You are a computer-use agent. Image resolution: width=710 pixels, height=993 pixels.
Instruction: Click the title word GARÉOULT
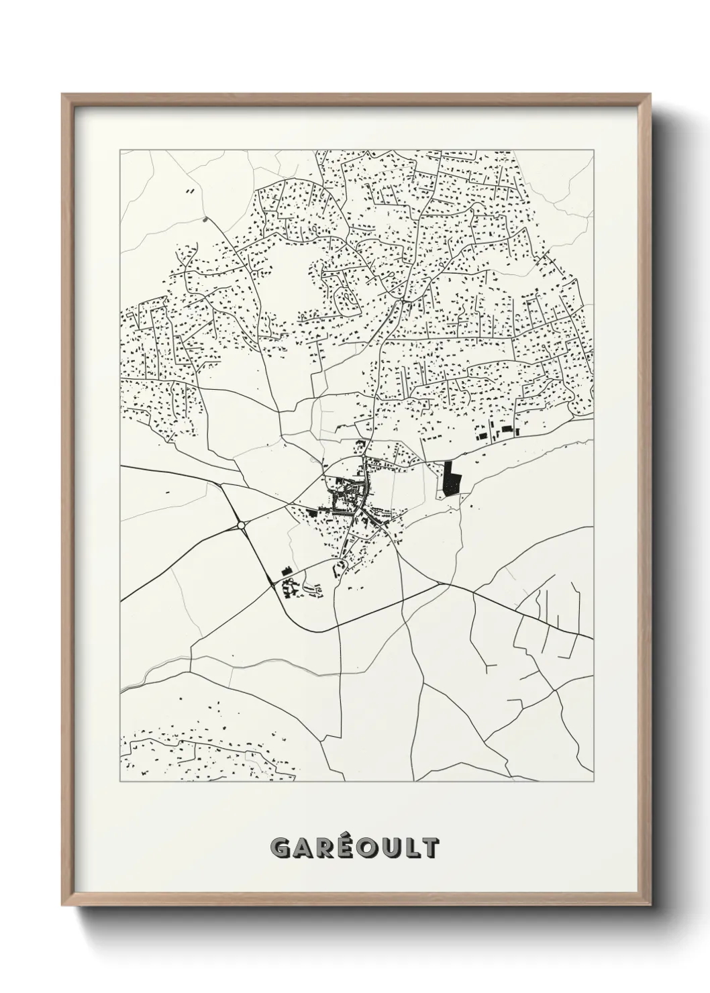coord(354,847)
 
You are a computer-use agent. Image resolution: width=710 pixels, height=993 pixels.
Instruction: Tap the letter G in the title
coord(281,848)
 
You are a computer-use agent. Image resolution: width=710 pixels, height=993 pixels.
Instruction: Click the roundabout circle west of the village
coord(241,525)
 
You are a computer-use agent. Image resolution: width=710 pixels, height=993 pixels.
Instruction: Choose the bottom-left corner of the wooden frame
coord(63,906)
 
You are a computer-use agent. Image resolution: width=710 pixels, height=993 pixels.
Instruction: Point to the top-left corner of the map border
coord(120,150)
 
